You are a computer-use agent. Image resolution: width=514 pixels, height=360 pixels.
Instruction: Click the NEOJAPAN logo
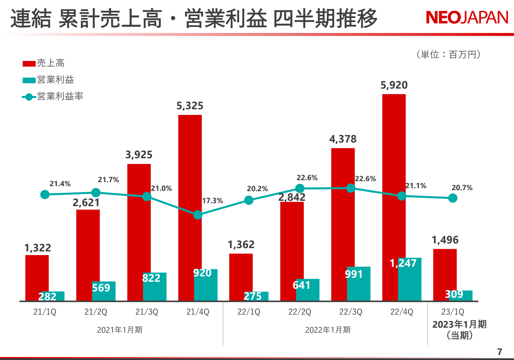467,18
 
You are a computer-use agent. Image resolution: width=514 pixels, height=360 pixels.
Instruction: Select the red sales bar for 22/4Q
394,173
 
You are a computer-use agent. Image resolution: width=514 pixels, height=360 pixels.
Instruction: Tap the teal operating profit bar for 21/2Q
104,291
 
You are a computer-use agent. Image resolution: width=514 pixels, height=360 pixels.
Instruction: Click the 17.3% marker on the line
198,215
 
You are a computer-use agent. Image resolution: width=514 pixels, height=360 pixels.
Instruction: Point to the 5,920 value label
394,85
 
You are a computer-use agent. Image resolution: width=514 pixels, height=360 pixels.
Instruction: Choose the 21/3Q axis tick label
147,312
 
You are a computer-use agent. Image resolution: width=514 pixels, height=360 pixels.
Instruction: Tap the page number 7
499,352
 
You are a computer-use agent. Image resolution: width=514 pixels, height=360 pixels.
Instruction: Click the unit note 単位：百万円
448,54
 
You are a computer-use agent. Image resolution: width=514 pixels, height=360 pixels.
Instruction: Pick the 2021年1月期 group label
120,330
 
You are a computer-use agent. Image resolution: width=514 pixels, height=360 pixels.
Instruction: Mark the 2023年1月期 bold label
459,324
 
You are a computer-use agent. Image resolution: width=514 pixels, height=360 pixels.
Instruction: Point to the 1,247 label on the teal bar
403,263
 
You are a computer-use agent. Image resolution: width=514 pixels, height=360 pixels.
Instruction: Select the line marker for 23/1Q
453,198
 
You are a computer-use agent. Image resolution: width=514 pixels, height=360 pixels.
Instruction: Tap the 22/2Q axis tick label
299,312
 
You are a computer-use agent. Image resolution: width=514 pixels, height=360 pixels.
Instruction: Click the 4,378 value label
343,139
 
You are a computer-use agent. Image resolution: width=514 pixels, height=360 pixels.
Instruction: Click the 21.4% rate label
60,184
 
